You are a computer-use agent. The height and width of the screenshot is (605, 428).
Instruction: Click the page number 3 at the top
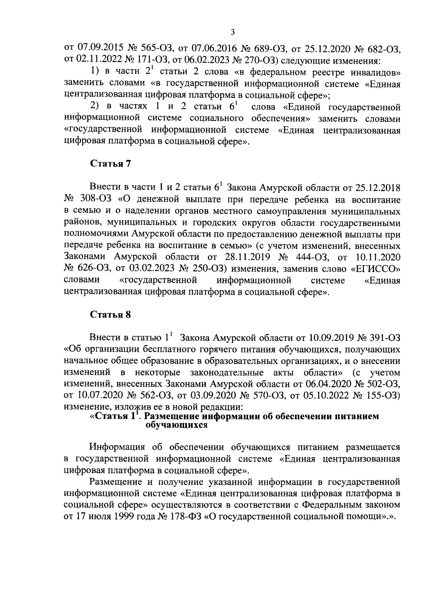pyautogui.click(x=233, y=32)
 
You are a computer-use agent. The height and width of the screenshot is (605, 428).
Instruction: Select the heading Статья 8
pyautogui.click(x=111, y=314)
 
